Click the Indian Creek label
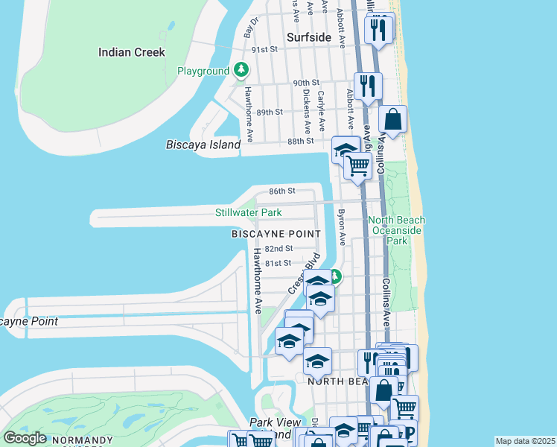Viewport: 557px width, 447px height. coord(132,52)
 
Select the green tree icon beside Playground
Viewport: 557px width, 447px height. coord(241,70)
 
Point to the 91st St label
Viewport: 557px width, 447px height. coord(264,49)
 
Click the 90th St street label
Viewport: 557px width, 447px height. coord(305,83)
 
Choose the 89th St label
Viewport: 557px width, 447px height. coord(270,112)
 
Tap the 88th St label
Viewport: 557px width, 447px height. coord(301,141)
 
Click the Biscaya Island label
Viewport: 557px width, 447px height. coord(203,145)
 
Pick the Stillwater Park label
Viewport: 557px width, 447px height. coord(248,212)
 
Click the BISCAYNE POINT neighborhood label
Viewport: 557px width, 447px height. coord(276,234)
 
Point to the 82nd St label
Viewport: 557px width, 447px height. coord(278,248)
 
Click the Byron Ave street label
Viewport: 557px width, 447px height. coord(342,226)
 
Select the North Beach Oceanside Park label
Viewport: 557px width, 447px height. coord(397,230)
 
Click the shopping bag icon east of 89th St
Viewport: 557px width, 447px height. coord(392,119)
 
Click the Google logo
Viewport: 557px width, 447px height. coord(25,438)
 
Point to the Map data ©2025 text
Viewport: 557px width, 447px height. coord(525,441)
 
